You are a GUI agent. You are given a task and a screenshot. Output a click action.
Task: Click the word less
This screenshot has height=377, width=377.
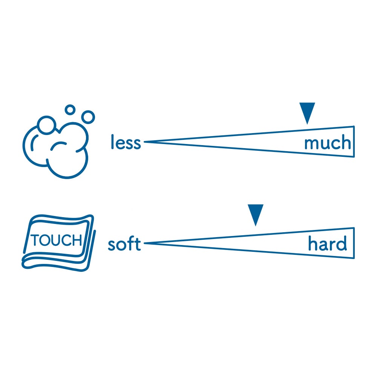tap(126, 143)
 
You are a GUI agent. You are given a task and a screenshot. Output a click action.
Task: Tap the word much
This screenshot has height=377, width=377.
tap(327, 144)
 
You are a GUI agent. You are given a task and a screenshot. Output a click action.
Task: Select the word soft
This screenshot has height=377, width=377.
tap(124, 244)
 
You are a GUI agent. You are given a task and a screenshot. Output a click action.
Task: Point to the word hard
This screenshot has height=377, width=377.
tap(327, 244)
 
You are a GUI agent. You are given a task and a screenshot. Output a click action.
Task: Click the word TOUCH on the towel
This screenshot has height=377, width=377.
tap(57, 240)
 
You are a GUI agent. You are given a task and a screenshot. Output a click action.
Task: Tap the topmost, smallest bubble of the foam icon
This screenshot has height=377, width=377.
tap(70, 110)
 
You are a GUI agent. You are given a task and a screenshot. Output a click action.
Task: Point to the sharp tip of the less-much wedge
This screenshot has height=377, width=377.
tap(146, 142)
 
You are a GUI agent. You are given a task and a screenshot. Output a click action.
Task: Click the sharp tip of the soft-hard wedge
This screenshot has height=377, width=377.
tap(146, 243)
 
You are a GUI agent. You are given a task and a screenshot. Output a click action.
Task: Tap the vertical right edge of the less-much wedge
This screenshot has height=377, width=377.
tap(354, 141)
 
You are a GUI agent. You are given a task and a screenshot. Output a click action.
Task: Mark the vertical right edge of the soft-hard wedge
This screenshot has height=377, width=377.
tap(354, 243)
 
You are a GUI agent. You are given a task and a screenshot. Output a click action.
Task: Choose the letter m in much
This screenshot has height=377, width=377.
tap(311, 144)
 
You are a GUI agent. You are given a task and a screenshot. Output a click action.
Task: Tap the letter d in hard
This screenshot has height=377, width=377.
tap(341, 244)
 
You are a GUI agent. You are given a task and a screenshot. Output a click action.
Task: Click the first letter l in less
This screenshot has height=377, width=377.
tap(112, 142)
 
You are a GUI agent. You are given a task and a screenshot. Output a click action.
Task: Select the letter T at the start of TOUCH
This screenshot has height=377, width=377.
tap(35, 240)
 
